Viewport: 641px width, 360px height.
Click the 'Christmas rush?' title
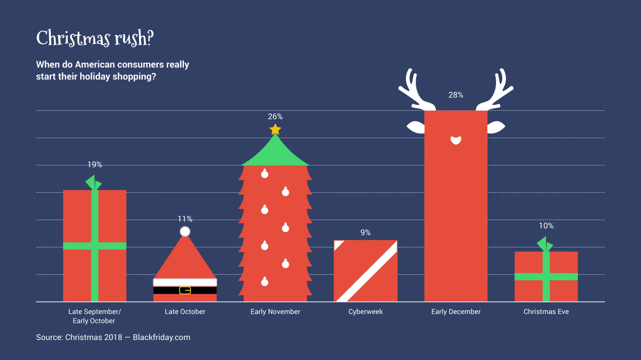(x=95, y=38)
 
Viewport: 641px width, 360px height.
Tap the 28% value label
(x=456, y=95)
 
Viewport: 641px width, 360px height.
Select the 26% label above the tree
(x=275, y=116)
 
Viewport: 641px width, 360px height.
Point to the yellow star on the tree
(x=275, y=130)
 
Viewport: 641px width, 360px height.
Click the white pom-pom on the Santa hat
(x=185, y=232)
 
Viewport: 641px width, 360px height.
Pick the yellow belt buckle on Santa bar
(x=185, y=290)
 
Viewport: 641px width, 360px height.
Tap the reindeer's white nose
(x=456, y=140)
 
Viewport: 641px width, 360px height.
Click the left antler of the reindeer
(x=415, y=90)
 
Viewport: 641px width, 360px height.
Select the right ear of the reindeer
(x=496, y=127)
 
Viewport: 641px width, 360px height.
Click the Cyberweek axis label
(x=365, y=312)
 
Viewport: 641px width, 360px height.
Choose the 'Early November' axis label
(x=275, y=312)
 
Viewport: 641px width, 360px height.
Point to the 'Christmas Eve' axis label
(x=546, y=312)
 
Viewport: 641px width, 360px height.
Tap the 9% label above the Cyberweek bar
(x=365, y=232)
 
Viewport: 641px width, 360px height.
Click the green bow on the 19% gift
(x=94, y=183)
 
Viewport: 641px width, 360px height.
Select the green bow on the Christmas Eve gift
(x=545, y=244)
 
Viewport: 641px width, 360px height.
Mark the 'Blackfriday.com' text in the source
(x=161, y=337)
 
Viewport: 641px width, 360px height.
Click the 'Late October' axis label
(x=185, y=312)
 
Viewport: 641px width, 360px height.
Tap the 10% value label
(x=546, y=226)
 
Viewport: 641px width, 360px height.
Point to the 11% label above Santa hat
(x=185, y=219)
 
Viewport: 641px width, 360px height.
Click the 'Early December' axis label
(x=456, y=312)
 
